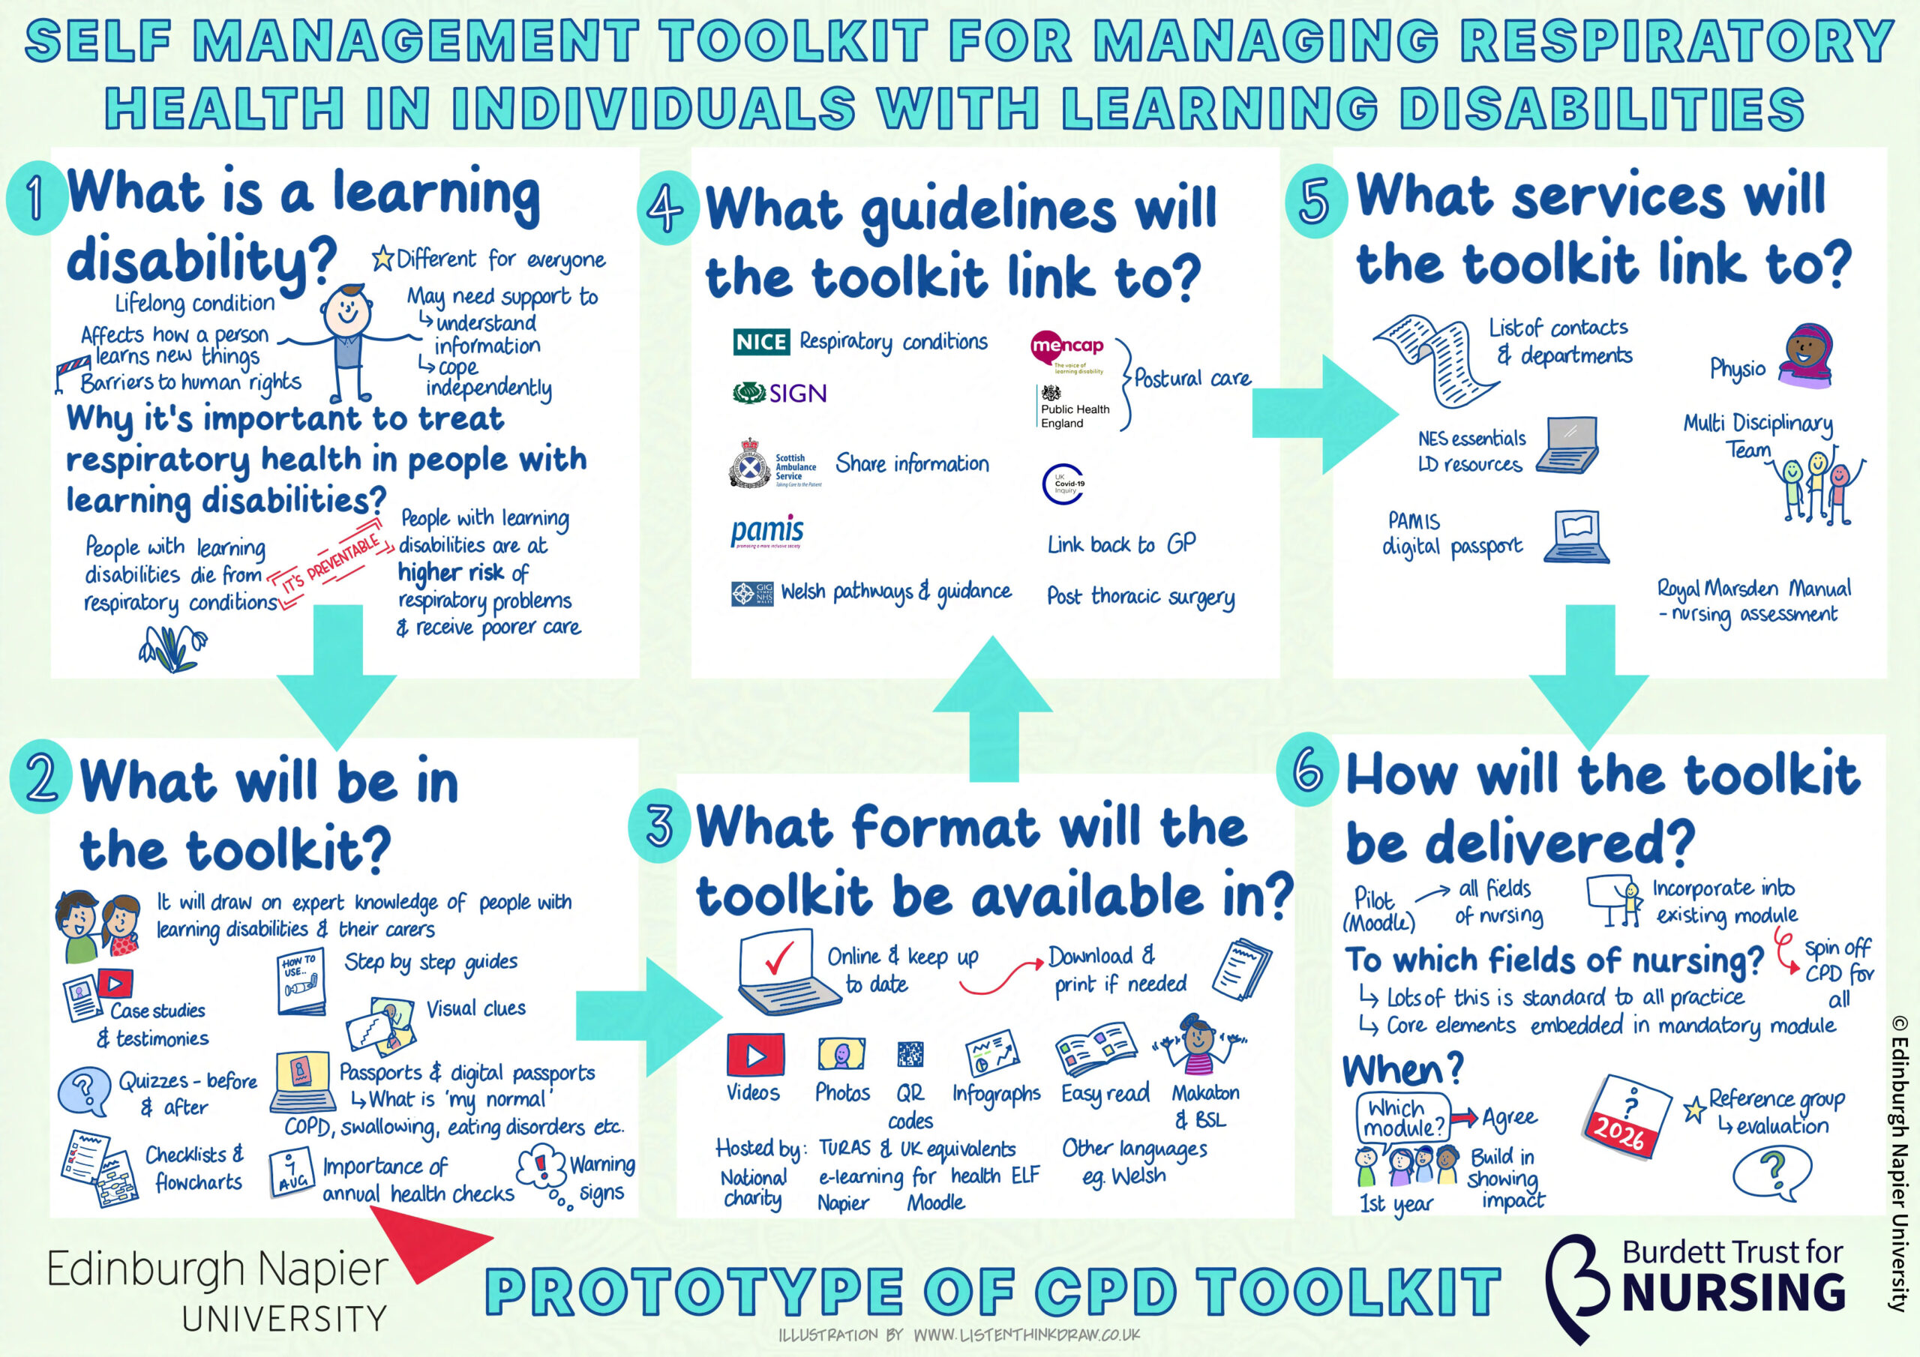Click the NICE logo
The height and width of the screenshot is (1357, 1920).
[x=761, y=342]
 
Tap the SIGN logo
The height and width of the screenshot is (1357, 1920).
[x=779, y=393]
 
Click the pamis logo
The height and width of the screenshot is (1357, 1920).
[x=766, y=532]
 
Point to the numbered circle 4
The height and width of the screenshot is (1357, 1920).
[x=667, y=208]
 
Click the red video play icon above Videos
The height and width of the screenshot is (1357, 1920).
[x=755, y=1055]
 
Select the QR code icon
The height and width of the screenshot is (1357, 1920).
[x=910, y=1054]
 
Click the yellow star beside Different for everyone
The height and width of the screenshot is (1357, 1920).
[x=383, y=259]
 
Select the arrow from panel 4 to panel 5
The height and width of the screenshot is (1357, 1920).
[x=1322, y=415]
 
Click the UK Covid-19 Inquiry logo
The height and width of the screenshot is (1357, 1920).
[x=1063, y=484]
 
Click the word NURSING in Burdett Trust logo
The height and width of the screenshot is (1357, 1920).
[x=1732, y=1293]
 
